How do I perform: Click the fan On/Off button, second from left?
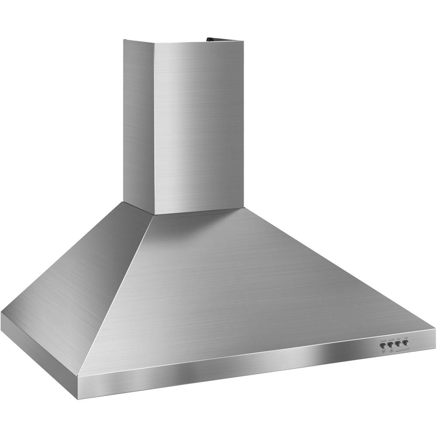click(x=390, y=344)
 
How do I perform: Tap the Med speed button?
click(x=398, y=343)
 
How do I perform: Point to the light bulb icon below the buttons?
click(x=383, y=351)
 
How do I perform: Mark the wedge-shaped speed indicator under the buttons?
click(x=402, y=349)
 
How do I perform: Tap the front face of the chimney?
click(x=199, y=127)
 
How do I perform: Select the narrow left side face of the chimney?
click(x=139, y=122)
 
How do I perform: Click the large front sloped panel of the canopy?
click(x=245, y=288)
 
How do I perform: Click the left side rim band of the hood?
click(x=39, y=345)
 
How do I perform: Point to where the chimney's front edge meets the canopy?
click(x=154, y=214)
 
